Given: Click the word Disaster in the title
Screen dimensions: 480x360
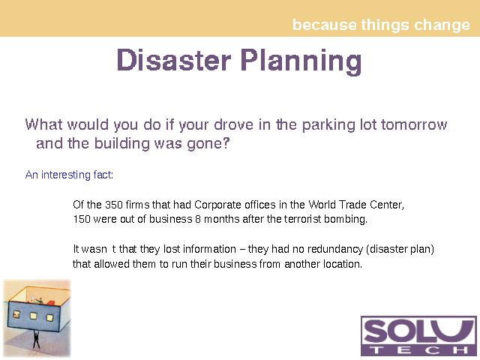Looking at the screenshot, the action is (x=174, y=60).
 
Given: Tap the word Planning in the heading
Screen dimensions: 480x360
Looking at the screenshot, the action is (x=301, y=61).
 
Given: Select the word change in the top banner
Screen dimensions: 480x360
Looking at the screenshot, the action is (x=442, y=25).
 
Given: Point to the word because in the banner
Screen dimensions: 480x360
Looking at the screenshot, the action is (x=325, y=25).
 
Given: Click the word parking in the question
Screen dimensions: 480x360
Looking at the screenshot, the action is (x=328, y=125).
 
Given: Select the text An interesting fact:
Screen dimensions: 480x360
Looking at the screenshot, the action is (x=69, y=175).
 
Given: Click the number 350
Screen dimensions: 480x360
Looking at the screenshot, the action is (x=113, y=205).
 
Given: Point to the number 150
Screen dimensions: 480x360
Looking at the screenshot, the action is (x=82, y=219).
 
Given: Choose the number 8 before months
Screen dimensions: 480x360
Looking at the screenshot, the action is (x=198, y=219).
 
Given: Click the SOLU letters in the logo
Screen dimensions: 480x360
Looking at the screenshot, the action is (x=418, y=331).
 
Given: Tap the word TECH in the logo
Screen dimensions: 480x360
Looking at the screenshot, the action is (x=418, y=350).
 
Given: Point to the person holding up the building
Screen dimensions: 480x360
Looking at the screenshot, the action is (x=36, y=339).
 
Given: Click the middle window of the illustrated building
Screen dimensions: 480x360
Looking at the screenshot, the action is (x=33, y=316).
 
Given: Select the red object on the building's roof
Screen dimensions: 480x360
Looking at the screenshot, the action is (x=51, y=303).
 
